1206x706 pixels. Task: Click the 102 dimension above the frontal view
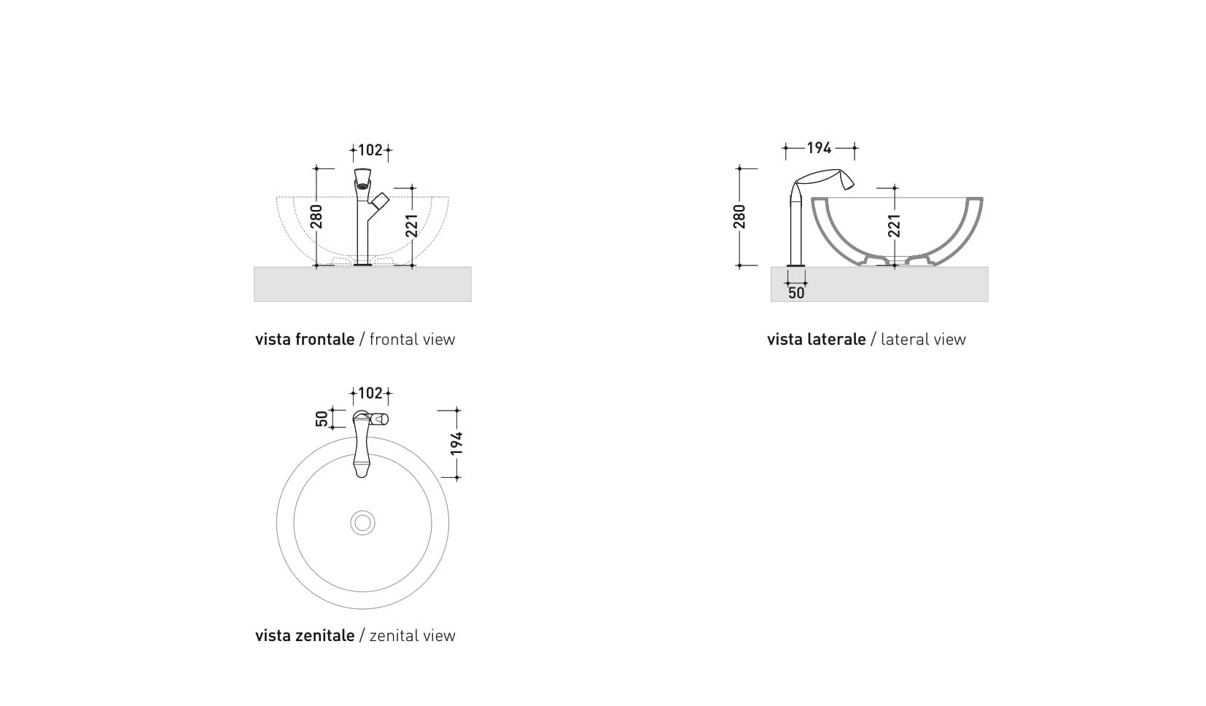370,150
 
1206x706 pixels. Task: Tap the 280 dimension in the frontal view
316,217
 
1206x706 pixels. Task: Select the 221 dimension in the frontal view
412,225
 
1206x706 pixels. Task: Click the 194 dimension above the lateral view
819,147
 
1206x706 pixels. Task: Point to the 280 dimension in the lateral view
740,217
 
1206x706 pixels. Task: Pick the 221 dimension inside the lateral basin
894,225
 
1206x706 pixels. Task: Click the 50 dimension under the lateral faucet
796,292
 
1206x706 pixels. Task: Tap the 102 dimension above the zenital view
370,393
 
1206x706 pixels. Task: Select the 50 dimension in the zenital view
322,419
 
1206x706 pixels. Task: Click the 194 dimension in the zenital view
456,443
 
